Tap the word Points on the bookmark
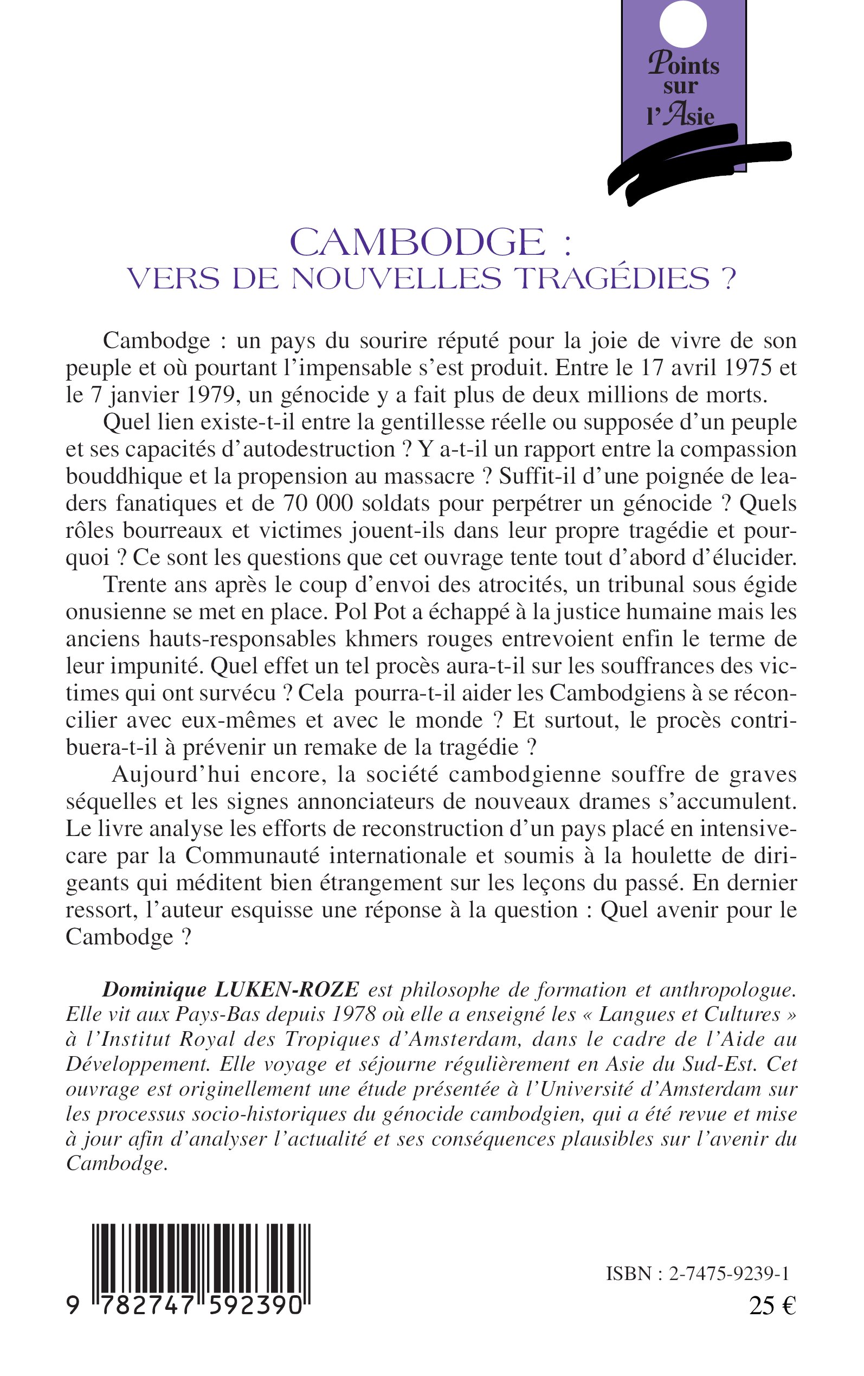[684, 65]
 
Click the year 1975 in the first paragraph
[741, 368]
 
